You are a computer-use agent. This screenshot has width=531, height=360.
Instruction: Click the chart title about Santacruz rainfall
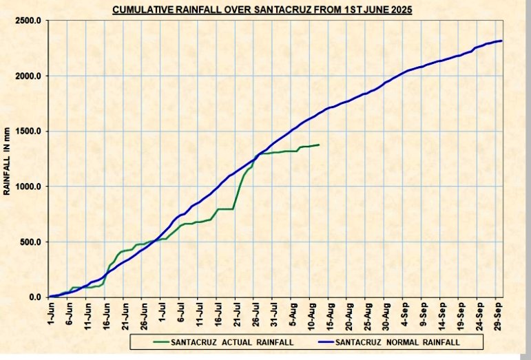(262, 10)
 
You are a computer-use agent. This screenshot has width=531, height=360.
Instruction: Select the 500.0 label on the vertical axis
(30, 242)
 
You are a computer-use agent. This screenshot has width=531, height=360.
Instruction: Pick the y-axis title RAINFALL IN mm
(8, 159)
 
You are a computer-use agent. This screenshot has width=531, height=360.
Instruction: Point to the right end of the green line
(318, 145)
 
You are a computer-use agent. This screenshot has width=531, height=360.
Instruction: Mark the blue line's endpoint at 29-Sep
(501, 41)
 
